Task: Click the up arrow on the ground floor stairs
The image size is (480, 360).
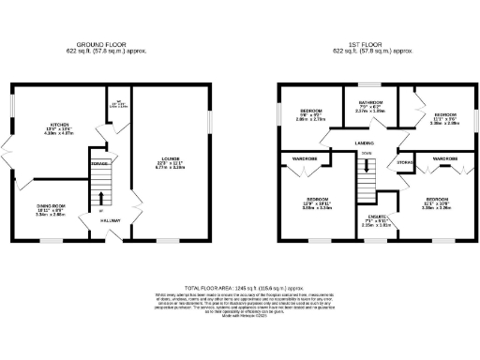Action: click(102, 198)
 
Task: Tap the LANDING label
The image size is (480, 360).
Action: click(366, 142)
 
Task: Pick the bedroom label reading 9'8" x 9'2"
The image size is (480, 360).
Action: click(304, 114)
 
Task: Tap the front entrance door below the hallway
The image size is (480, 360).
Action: click(111, 237)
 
